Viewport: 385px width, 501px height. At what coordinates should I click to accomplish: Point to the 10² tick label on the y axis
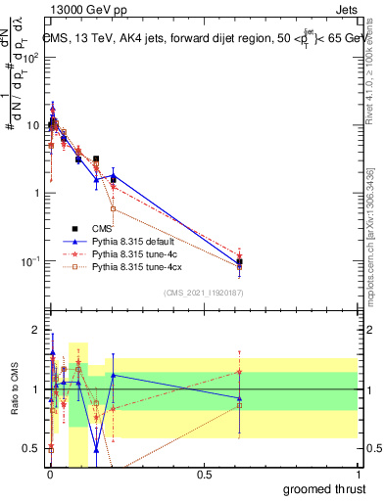[x=29, y=57]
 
